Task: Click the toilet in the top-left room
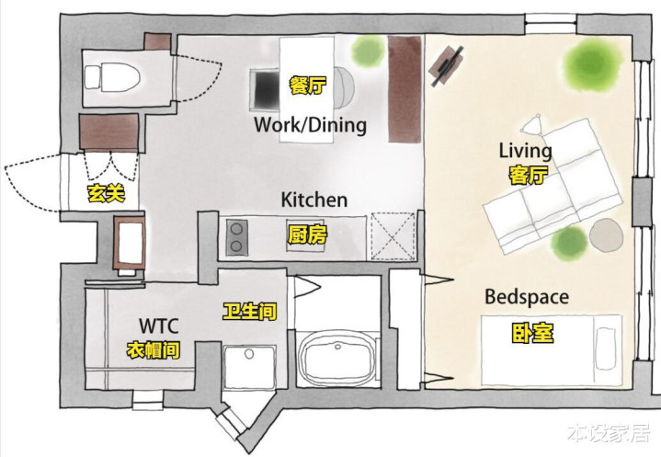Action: pos(112,77)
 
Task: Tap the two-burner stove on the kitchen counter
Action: pos(236,237)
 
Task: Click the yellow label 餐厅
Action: pos(308,86)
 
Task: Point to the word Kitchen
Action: pos(314,200)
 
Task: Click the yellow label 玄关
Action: pos(107,193)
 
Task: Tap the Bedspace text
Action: pos(527,297)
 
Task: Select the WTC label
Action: pos(158,326)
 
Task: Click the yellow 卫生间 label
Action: pos(249,312)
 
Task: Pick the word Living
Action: pos(525,151)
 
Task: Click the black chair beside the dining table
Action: pos(265,90)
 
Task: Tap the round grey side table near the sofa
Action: pos(606,234)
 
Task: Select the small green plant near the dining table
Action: pos(368,51)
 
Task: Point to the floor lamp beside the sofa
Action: pos(534,124)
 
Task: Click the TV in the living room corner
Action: pos(448,64)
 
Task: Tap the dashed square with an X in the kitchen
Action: pos(393,236)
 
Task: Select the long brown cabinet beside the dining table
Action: pos(405,89)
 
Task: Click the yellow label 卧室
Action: pos(533,333)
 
